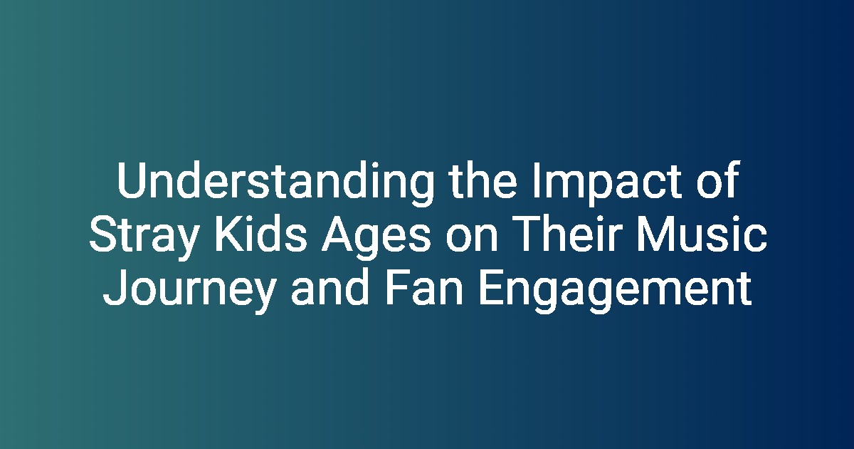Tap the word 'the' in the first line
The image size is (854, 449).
tap(483, 180)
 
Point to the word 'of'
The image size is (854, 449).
tap(719, 180)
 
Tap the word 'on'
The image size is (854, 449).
tap(472, 238)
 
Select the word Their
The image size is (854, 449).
tap(566, 233)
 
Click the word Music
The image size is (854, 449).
tap(702, 233)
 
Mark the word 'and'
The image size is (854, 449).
tap(330, 287)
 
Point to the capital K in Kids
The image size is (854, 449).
tap(229, 234)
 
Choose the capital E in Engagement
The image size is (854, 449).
tap(492, 287)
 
